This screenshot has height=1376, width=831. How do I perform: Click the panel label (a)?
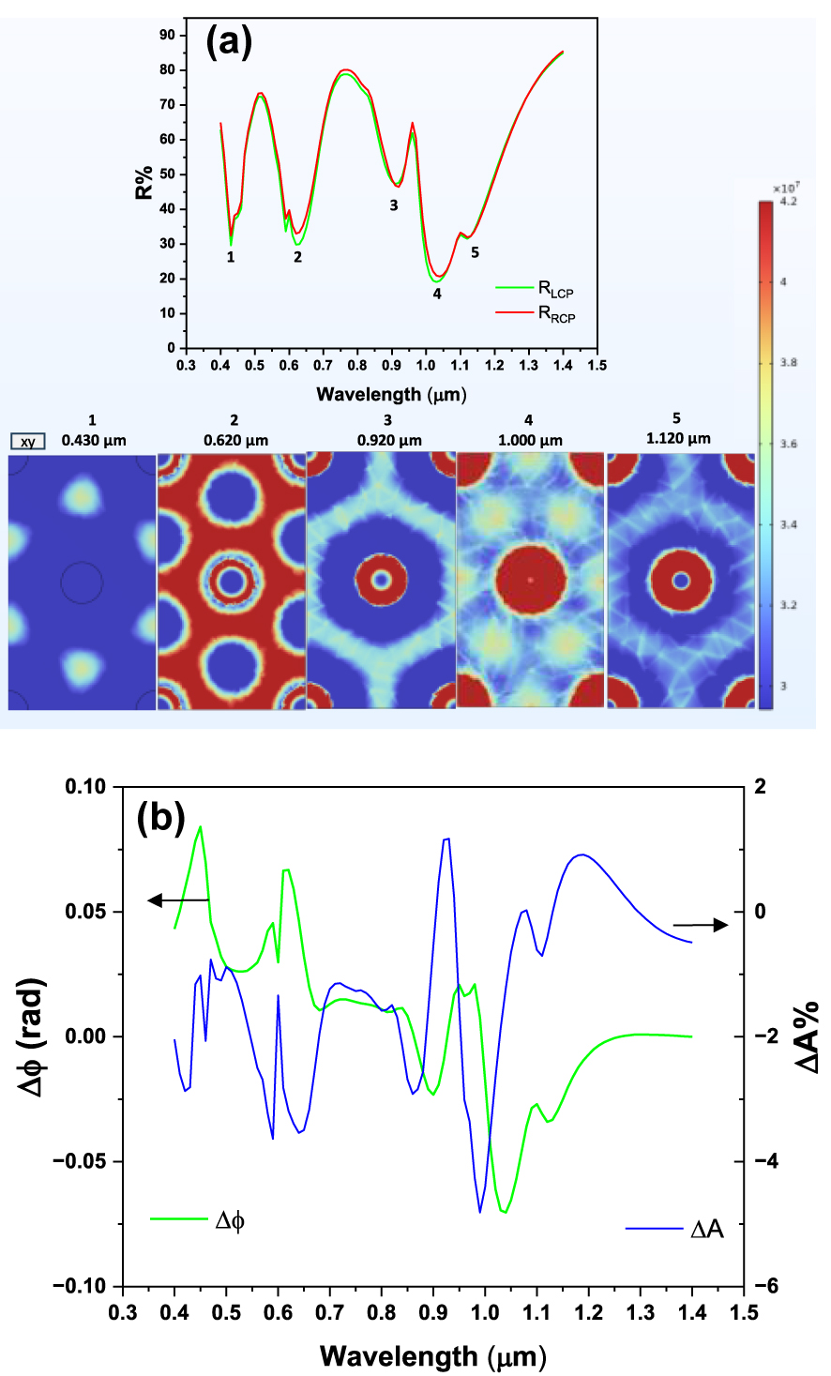(x=229, y=41)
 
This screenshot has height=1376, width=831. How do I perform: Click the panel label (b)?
(x=160, y=819)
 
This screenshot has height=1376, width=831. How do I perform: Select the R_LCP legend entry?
(x=554, y=292)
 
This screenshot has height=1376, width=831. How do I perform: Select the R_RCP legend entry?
(x=555, y=314)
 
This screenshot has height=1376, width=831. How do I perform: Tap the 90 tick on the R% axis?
(x=168, y=35)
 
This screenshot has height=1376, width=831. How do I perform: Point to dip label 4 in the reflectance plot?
(x=437, y=294)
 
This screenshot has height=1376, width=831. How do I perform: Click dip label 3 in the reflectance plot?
(x=394, y=205)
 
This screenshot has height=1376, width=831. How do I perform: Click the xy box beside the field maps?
(x=28, y=441)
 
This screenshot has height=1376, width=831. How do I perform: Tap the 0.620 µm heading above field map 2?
(x=234, y=439)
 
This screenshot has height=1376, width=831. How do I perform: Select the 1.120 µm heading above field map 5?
(x=677, y=437)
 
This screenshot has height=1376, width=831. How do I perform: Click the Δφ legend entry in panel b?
(x=230, y=1220)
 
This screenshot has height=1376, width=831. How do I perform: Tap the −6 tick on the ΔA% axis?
(x=767, y=1287)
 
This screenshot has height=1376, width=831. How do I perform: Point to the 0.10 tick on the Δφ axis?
(x=86, y=786)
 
